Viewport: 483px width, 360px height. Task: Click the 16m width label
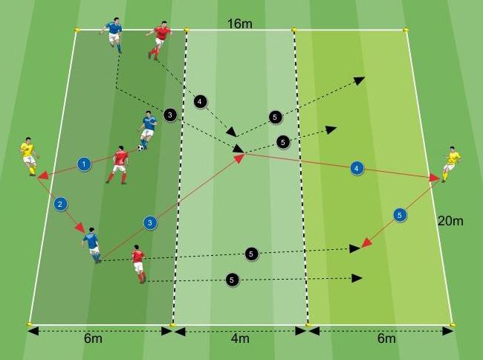pyautogui.click(x=240, y=24)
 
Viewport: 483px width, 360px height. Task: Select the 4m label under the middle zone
pyautogui.click(x=240, y=339)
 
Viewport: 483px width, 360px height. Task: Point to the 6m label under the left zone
pyautogui.click(x=93, y=339)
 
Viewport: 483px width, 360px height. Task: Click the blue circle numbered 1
pyautogui.click(x=84, y=163)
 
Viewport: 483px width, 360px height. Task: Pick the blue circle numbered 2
pyautogui.click(x=61, y=202)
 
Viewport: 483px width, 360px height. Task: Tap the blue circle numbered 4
pyautogui.click(x=357, y=169)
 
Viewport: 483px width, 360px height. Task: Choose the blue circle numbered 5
pyautogui.click(x=400, y=215)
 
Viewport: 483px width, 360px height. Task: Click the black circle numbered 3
pyautogui.click(x=170, y=115)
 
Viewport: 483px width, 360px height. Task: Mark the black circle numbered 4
pyautogui.click(x=199, y=100)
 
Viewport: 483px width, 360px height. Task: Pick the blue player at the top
pyautogui.click(x=114, y=33)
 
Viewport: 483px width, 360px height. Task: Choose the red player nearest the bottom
pyautogui.click(x=138, y=263)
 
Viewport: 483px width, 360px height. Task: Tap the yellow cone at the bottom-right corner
pyautogui.click(x=453, y=325)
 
